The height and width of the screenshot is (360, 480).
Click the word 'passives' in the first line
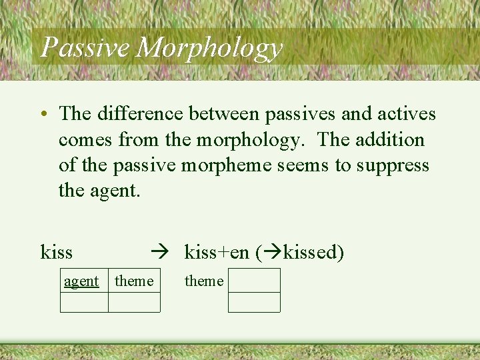tap(299, 115)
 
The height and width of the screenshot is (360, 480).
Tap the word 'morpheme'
tap(235, 165)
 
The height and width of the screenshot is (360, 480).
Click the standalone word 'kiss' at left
tap(57, 253)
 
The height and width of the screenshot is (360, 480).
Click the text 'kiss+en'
tap(217, 253)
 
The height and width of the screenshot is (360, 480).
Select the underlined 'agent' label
tap(81, 281)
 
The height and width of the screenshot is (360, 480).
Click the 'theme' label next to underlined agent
tap(134, 281)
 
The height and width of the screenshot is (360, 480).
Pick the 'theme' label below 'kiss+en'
tap(204, 281)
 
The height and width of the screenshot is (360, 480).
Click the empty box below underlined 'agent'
tap(84, 303)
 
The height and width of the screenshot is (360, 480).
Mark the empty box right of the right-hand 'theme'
tap(254, 280)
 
